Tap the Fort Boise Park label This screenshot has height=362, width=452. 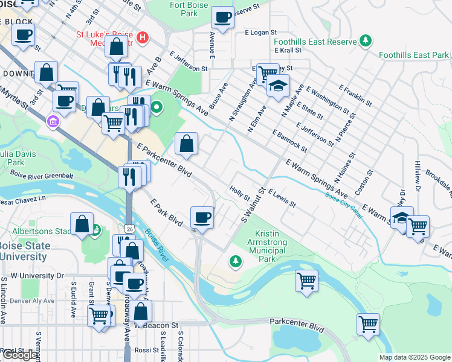coord(184,8)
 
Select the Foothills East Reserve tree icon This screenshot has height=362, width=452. coord(365,40)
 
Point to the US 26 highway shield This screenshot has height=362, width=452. coord(130,229)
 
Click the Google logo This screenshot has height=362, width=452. coord(20,355)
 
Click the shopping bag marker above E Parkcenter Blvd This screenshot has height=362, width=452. coord(187,144)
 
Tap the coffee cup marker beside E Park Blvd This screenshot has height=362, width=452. coord(202,217)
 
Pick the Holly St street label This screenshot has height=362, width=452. coord(240,193)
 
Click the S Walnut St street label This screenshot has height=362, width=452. coord(254,206)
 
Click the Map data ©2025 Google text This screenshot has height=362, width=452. coord(415,357)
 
